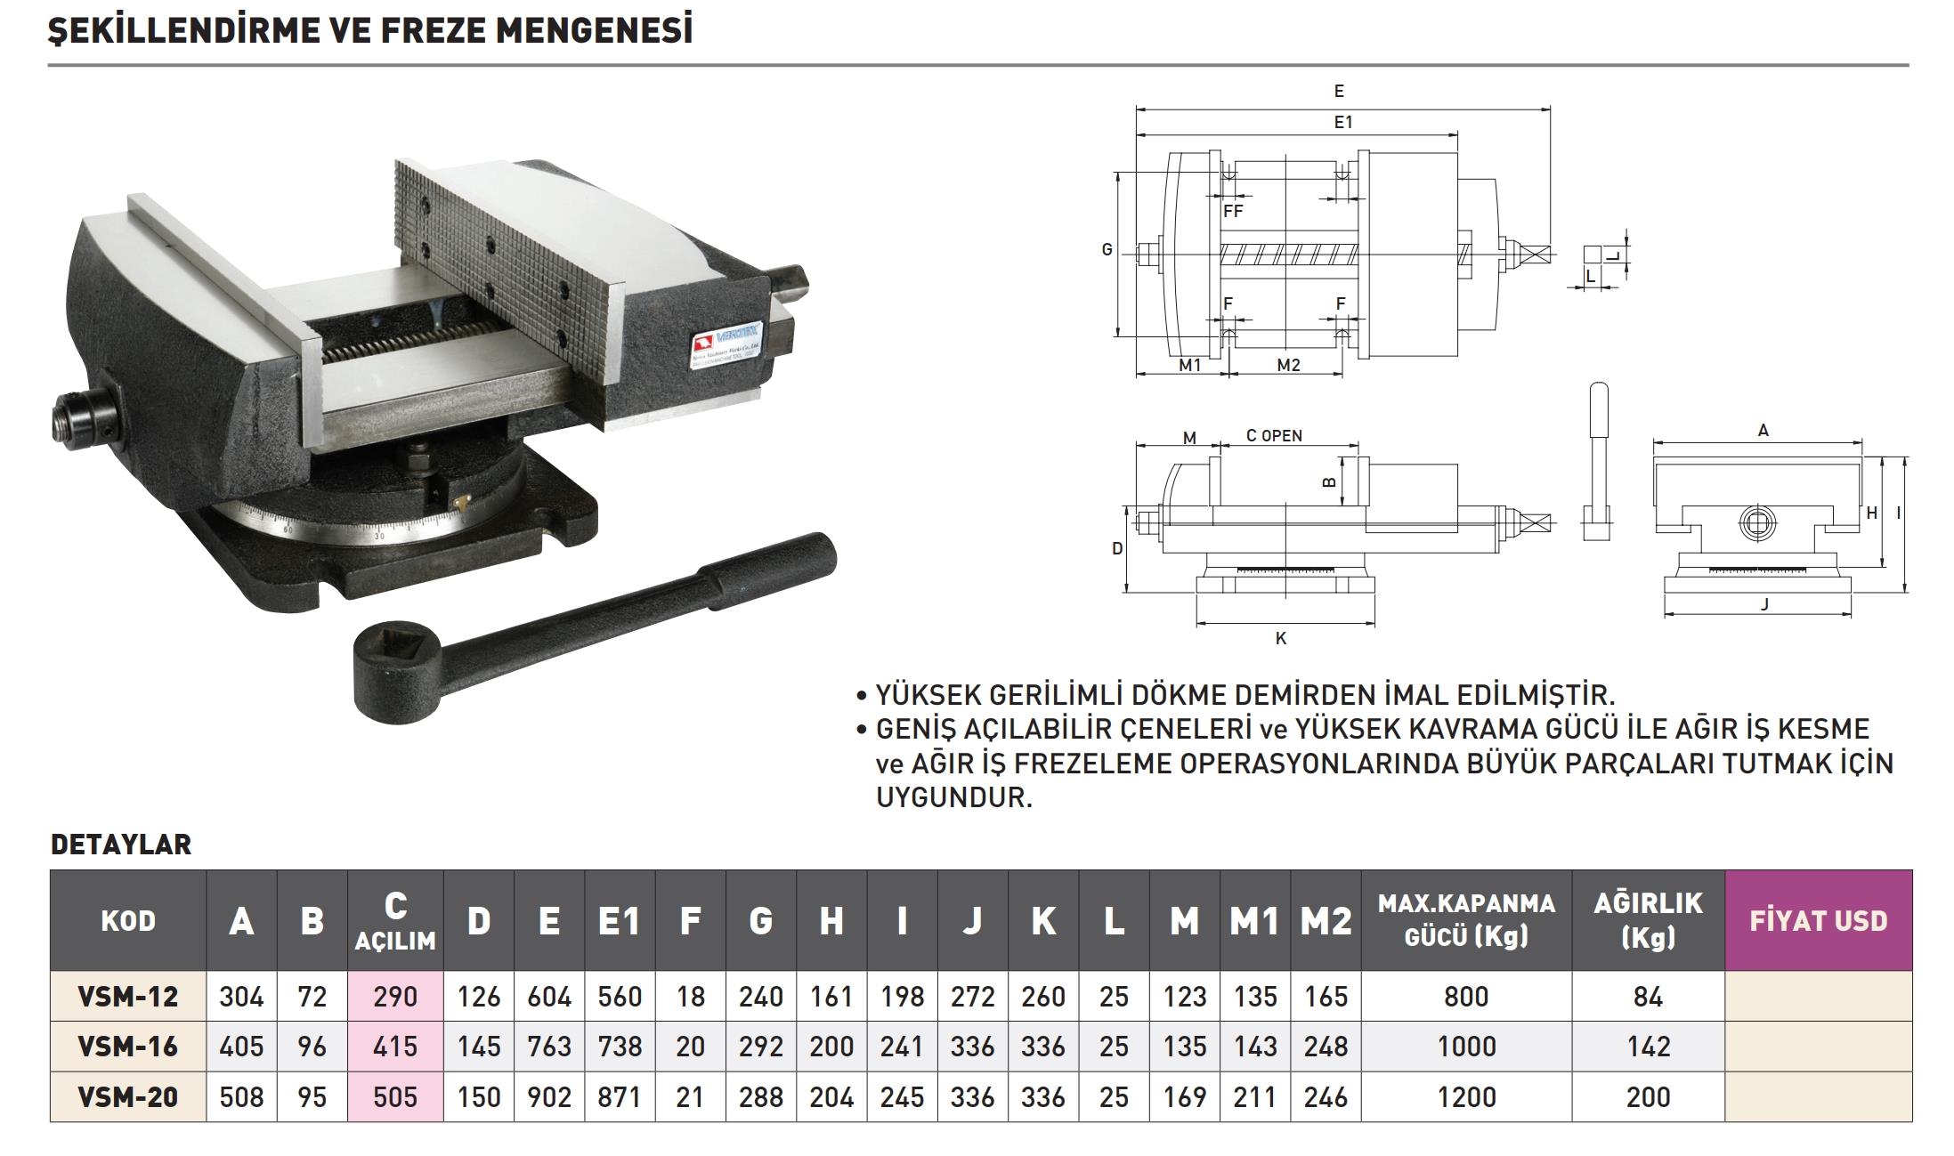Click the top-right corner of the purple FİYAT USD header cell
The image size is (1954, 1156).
click(1911, 870)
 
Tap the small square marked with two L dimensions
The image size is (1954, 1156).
click(1593, 254)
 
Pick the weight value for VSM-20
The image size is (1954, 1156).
click(1648, 1096)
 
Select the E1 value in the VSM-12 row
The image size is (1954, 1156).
click(619, 996)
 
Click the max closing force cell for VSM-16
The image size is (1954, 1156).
click(1466, 1047)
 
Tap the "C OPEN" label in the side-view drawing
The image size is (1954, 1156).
click(1274, 436)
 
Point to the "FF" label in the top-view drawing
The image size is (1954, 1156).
click(1233, 211)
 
